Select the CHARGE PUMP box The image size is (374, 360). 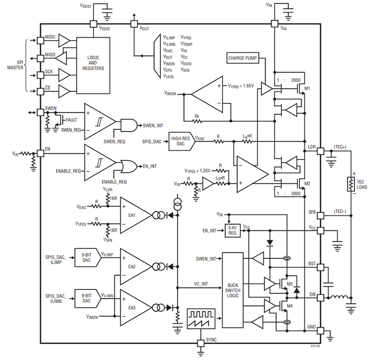[243, 58]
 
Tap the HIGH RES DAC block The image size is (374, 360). [180, 141]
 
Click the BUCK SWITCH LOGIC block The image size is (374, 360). [233, 290]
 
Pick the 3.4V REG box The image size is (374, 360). [232, 230]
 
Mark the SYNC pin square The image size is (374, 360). [201, 343]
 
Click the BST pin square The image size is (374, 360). [320, 267]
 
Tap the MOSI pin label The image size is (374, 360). [50, 37]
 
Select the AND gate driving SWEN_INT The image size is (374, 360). [127, 125]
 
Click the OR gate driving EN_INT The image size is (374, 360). [127, 166]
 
